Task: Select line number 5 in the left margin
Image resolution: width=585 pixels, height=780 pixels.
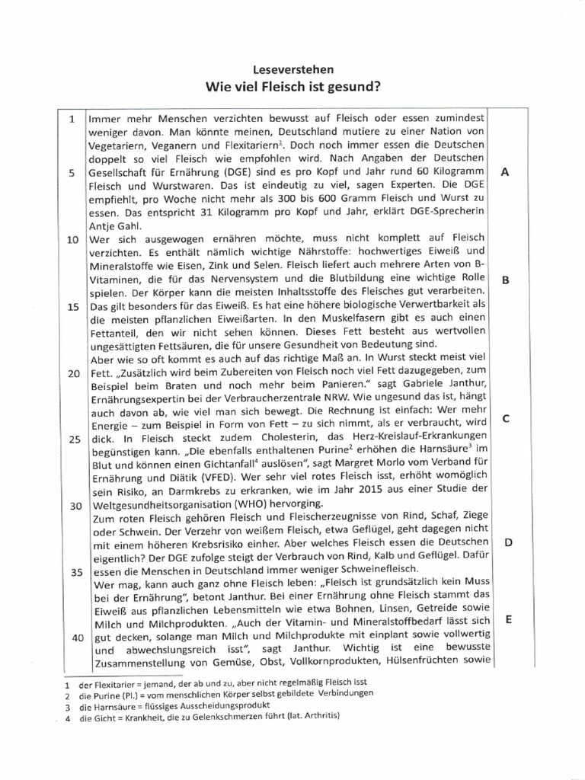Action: tap(71, 173)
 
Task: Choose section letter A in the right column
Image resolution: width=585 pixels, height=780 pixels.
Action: tap(505, 173)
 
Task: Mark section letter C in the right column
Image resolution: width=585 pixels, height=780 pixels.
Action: tap(505, 418)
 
